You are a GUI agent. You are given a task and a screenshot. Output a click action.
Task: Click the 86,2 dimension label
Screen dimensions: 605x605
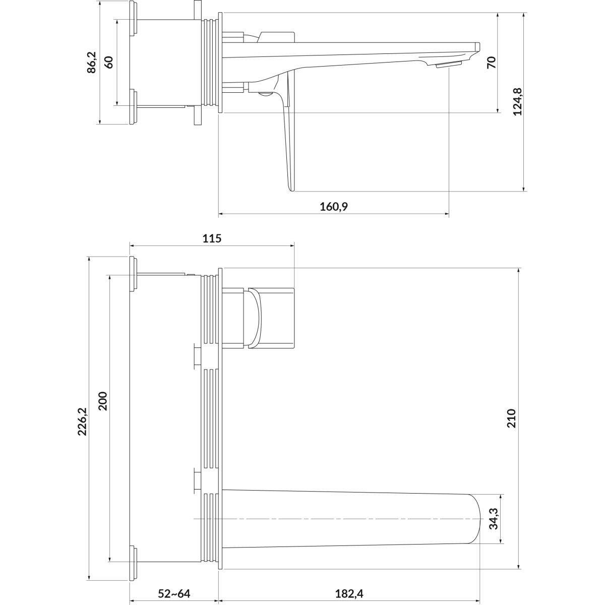(92, 62)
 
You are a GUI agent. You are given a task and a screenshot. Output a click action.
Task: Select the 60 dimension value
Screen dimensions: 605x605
(108, 62)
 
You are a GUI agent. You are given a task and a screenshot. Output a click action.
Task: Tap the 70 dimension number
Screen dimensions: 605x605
(492, 62)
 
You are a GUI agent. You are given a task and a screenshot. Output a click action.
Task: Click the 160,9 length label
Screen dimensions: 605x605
(334, 207)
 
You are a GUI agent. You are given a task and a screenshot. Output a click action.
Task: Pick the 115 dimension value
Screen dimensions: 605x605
(212, 238)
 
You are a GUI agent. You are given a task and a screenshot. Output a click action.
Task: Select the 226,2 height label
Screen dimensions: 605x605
(83, 421)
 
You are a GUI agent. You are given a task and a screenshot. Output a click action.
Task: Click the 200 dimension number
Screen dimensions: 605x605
(103, 401)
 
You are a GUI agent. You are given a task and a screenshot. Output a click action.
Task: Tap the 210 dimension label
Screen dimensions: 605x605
(511, 418)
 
